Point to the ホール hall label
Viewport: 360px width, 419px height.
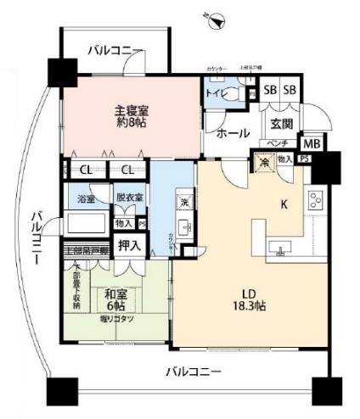pyautogui.click(x=232, y=133)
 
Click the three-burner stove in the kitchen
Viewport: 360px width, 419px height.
pyautogui.click(x=318, y=202)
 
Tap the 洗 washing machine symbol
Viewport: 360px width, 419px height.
pyautogui.click(x=184, y=203)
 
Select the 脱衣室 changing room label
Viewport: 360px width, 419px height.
pyautogui.click(x=130, y=197)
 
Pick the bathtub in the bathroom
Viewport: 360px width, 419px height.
pyautogui.click(x=84, y=225)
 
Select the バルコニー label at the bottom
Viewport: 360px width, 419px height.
pyautogui.click(x=193, y=372)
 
